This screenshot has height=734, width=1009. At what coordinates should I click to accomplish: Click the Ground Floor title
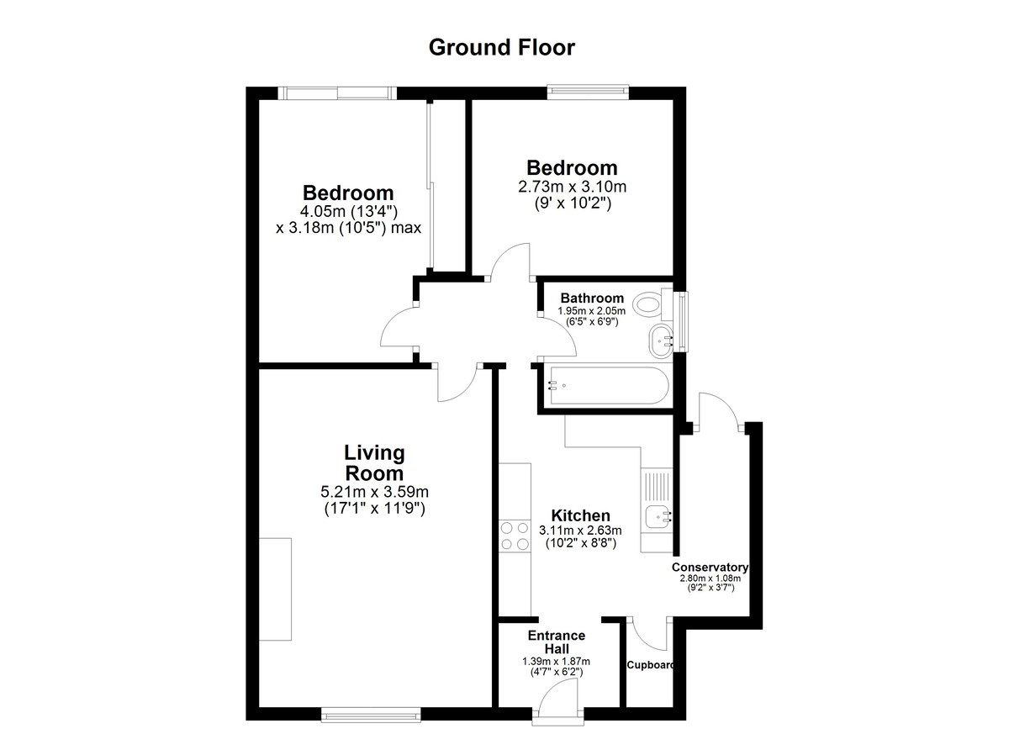click(x=501, y=47)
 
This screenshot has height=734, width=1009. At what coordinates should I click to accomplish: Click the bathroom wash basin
click(x=661, y=341)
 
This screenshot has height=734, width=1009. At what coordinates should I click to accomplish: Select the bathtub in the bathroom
click(x=608, y=386)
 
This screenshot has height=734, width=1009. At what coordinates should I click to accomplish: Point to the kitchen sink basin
click(x=657, y=516)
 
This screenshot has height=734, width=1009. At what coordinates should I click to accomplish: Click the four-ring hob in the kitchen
click(x=515, y=536)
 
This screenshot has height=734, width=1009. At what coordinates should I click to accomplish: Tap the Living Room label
click(x=374, y=463)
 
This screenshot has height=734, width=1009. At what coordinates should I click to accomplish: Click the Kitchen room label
click(x=581, y=515)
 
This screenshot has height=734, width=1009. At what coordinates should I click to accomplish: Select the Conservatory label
click(x=710, y=567)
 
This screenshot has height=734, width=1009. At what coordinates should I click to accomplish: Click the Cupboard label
click(x=651, y=665)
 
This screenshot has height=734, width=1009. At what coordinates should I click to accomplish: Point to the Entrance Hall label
click(x=557, y=642)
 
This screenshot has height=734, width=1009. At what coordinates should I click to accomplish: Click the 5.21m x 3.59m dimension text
click(x=374, y=491)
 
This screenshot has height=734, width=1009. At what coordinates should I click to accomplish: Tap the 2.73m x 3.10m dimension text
click(x=572, y=187)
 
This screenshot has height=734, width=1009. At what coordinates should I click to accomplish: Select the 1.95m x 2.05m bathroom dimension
click(x=591, y=311)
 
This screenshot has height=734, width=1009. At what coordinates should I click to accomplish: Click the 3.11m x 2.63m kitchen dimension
click(x=580, y=530)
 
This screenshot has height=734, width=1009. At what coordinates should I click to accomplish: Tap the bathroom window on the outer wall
click(x=684, y=321)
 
